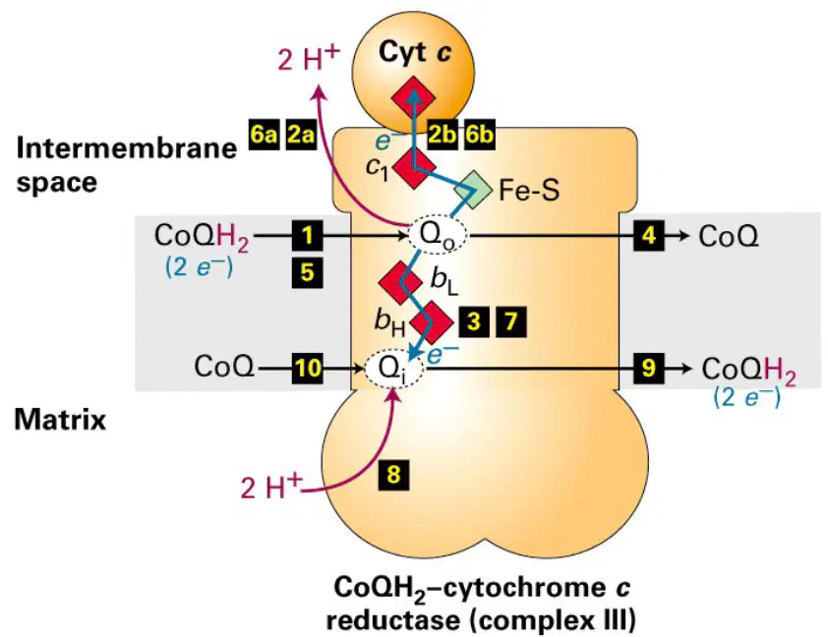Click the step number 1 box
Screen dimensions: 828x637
pos(308,235)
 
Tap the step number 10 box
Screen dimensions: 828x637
pos(308,368)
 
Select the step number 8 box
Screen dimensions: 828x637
pos(393,475)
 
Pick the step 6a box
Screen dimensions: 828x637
pos(264,135)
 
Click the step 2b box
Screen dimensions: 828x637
pos(443,135)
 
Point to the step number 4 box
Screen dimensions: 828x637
pos(649,235)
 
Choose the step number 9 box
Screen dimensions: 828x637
pos(649,368)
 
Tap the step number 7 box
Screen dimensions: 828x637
pos(510,321)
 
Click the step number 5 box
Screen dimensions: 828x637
pos(308,273)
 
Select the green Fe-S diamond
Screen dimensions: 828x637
pos(473,189)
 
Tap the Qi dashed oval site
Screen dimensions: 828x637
pos(394,369)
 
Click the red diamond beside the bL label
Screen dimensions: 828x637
pos(401,281)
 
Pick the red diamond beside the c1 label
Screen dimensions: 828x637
pos(415,169)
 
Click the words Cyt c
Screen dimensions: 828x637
pos(415,53)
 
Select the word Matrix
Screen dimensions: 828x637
pos(60,420)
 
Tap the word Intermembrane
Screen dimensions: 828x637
pos(127,147)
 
